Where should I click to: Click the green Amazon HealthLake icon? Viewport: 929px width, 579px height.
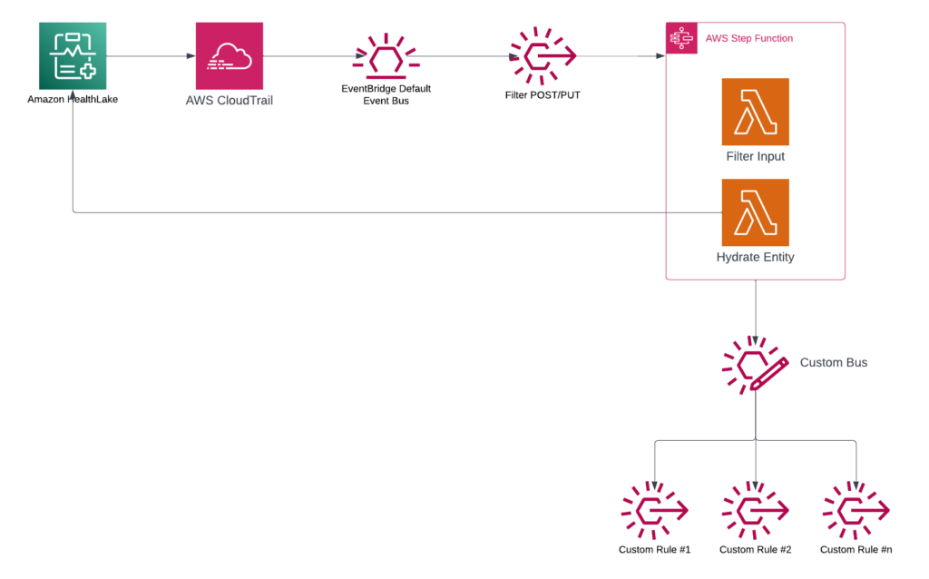pos(73,56)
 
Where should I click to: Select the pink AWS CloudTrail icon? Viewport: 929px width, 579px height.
pos(230,56)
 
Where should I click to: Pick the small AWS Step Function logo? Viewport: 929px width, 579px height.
pos(681,38)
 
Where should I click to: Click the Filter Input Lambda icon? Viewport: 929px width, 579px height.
pos(755,112)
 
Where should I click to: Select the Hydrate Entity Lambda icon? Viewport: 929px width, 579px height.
pos(755,212)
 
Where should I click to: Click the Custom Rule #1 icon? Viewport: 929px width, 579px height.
pos(654,512)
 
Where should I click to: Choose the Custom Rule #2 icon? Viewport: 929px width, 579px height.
pos(755,512)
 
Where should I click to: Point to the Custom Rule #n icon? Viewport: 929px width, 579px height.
pos(856,512)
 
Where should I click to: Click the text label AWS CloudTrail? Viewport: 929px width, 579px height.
pos(230,101)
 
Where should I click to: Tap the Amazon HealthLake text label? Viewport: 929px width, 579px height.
pos(73,100)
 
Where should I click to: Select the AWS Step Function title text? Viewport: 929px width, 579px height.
pos(748,38)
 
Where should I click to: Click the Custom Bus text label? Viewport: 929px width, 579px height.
pos(833,363)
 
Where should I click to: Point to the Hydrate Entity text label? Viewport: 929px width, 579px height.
pos(755,257)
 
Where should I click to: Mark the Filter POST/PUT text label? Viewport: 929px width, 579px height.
pos(543,95)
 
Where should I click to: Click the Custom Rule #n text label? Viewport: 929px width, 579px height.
pos(856,550)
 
